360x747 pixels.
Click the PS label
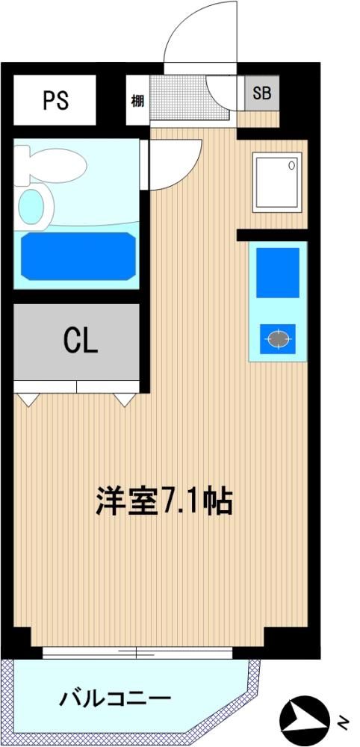[x=56, y=101]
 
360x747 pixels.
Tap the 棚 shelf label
[x=137, y=101]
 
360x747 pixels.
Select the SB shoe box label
[x=261, y=93]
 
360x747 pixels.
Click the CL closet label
[x=81, y=340]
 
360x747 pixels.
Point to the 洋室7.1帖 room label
[x=164, y=500]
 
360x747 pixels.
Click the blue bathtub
[x=78, y=255]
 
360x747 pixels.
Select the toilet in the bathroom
[x=50, y=165]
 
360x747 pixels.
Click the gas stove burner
[x=278, y=338]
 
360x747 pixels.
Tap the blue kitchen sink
[x=278, y=273]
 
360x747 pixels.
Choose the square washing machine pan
[x=277, y=182]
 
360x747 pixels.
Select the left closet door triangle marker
[x=28, y=399]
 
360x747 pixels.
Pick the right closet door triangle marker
[x=125, y=399]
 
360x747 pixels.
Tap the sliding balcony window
[x=137, y=652]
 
